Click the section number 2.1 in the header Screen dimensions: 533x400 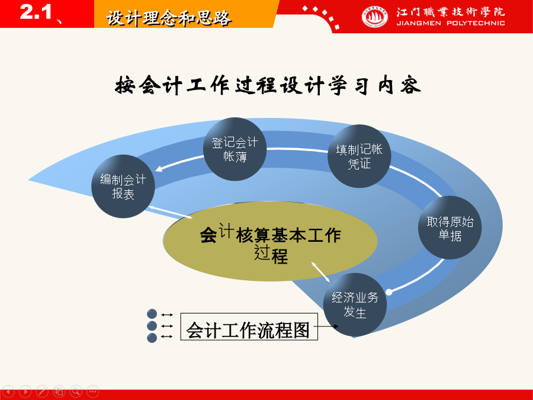(x=36, y=12)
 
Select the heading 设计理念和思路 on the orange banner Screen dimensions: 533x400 (x=169, y=18)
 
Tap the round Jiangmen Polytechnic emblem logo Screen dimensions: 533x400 (x=375, y=17)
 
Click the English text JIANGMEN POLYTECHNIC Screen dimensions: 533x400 (x=451, y=23)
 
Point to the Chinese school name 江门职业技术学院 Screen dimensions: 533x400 (x=451, y=12)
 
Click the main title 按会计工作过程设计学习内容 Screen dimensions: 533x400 (x=268, y=85)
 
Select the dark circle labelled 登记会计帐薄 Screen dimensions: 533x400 (x=235, y=149)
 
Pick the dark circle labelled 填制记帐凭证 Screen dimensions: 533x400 (x=359, y=156)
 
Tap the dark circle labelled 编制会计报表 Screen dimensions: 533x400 (x=123, y=187)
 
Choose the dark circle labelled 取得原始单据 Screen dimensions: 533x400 (x=449, y=228)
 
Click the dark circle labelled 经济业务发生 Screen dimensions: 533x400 (x=355, y=305)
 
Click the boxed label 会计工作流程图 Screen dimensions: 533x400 (x=249, y=327)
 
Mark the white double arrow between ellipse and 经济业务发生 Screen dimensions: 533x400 (x=320, y=272)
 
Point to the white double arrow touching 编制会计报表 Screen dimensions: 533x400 (x=171, y=212)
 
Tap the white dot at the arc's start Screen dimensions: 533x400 (x=389, y=292)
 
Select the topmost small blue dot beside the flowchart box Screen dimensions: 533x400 (x=152, y=313)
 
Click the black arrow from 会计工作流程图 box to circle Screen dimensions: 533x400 (x=326, y=327)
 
